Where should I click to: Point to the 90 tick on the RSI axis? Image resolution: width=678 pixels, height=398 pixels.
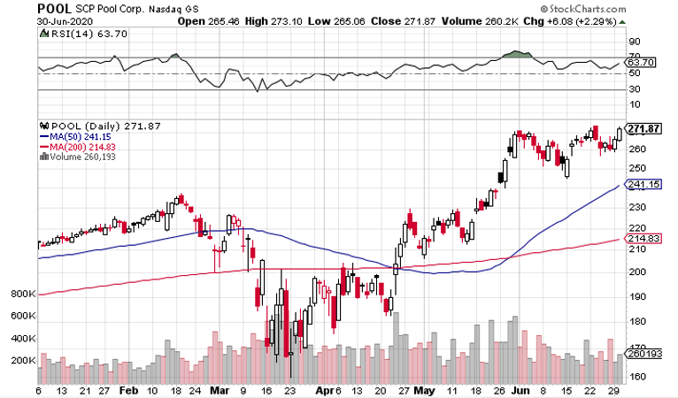(635, 41)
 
